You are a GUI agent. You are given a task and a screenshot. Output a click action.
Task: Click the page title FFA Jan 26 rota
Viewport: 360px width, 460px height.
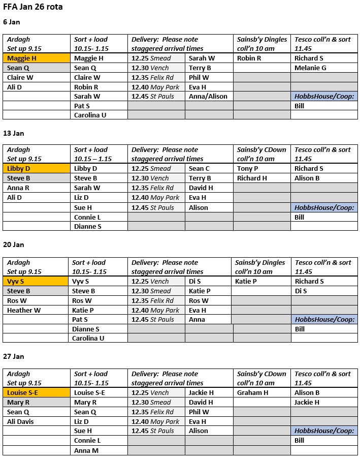[x=33, y=8]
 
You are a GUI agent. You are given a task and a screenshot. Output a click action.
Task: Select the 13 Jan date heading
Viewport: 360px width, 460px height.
[x=13, y=133]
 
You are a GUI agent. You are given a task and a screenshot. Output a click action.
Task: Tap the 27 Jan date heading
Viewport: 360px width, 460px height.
[x=13, y=356]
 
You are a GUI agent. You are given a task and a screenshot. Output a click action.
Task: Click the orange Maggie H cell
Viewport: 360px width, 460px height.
[x=37, y=58]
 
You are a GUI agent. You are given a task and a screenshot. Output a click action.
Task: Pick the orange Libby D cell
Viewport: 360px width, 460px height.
[x=37, y=169]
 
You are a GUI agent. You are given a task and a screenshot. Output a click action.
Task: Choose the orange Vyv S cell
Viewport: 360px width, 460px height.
[x=36, y=281]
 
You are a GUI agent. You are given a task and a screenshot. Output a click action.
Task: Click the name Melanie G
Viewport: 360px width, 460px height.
[x=310, y=68]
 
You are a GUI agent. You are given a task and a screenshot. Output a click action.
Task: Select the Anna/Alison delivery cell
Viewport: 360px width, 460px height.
[x=208, y=97]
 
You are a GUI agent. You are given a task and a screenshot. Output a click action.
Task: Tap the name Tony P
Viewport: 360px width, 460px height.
[x=247, y=169]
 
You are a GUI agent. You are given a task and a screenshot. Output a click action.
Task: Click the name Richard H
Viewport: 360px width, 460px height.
[x=252, y=178]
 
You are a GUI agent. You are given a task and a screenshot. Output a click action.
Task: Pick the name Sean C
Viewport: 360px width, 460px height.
[x=199, y=169]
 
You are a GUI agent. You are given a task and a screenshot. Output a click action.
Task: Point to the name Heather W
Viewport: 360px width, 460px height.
[x=24, y=310]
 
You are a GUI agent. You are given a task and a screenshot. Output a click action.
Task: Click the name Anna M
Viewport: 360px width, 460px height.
[x=86, y=450]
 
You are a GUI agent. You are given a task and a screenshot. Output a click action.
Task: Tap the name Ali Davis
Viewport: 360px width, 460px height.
[x=22, y=421]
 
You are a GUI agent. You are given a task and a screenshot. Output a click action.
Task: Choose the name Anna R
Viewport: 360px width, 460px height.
[x=18, y=188]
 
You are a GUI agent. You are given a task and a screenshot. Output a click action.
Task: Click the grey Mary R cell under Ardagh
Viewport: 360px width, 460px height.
[x=37, y=402]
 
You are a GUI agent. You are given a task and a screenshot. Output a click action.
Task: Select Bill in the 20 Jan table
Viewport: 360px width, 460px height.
[x=300, y=329]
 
